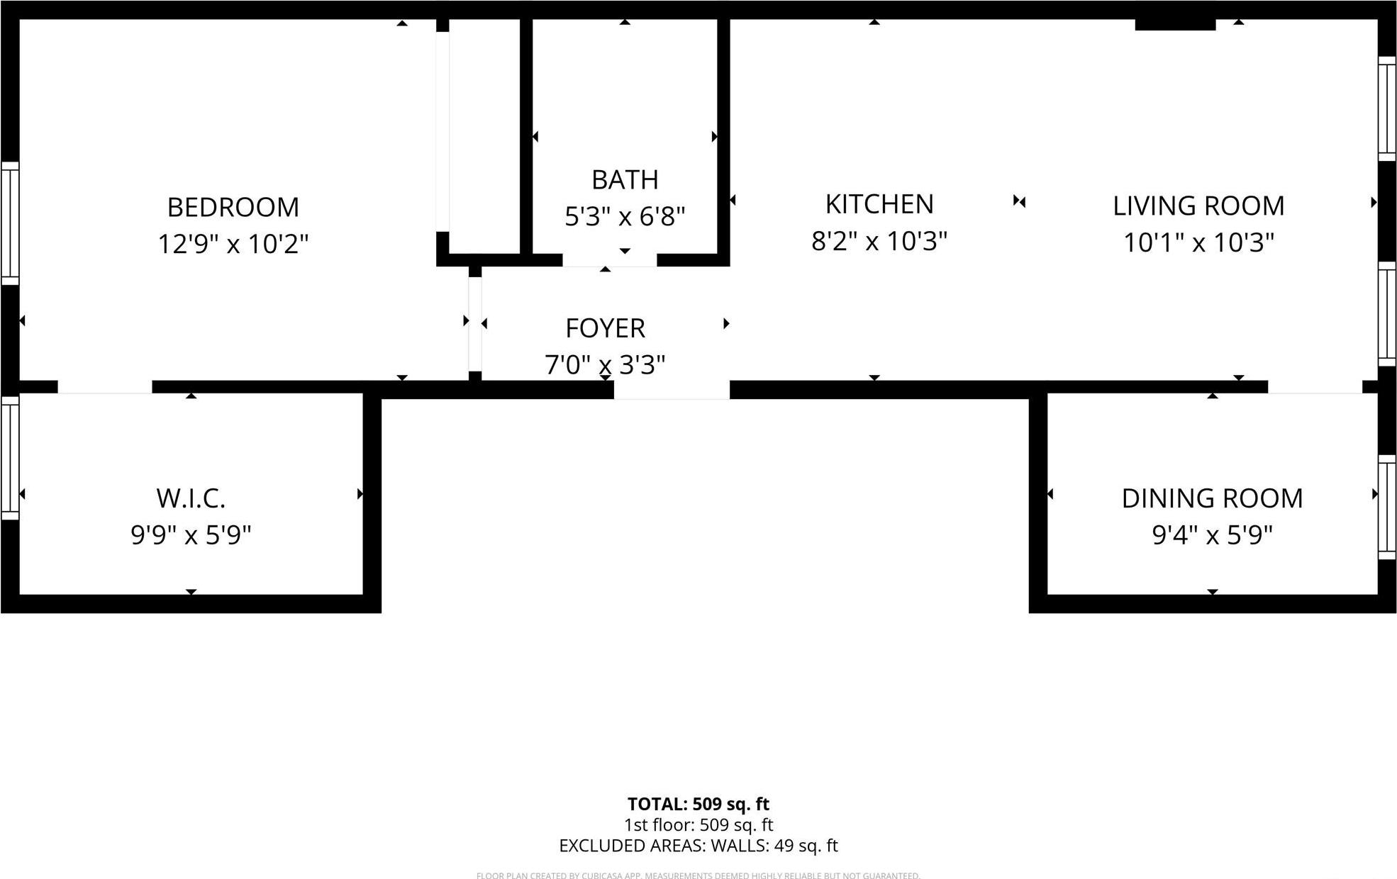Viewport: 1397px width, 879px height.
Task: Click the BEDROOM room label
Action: point(233,208)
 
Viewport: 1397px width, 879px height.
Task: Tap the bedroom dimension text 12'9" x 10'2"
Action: point(233,245)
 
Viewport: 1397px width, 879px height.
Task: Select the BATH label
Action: point(625,180)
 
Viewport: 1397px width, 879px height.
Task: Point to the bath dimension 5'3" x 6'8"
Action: point(625,216)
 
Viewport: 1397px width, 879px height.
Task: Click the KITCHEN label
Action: point(879,204)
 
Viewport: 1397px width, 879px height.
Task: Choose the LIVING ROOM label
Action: point(1198,206)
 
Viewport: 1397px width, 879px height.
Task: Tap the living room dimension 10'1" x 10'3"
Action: point(1198,242)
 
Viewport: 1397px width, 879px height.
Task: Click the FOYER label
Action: point(605,329)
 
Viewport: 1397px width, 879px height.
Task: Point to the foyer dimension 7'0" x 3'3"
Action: point(605,365)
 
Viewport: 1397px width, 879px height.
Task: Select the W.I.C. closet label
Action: point(191,498)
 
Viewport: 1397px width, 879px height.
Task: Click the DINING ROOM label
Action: point(1212,498)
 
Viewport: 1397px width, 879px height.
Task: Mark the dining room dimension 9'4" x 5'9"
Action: point(1212,535)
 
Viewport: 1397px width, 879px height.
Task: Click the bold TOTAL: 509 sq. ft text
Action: point(698,804)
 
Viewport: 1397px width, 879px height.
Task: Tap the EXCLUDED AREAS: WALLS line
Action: point(698,846)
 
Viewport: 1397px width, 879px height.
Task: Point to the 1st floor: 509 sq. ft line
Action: point(698,825)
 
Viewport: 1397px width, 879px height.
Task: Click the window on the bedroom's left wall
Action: point(10,223)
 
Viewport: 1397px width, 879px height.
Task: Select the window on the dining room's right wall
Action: point(1387,507)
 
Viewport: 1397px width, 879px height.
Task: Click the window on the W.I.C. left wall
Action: point(10,458)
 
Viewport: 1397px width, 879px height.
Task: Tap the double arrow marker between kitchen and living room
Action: point(1019,201)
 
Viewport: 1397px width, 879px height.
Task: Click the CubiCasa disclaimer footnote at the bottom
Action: point(698,875)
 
